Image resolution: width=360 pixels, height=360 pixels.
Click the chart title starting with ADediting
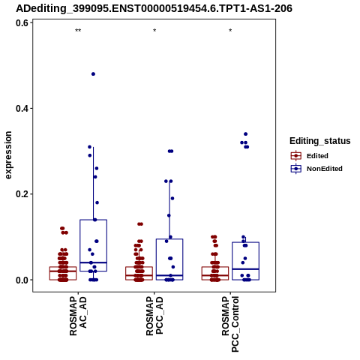pos(154,9)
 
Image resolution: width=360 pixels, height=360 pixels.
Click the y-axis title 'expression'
pos(8,155)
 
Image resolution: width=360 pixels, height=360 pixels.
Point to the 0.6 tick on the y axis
pos(22,23)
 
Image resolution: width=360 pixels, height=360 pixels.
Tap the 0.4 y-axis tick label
pos(22,109)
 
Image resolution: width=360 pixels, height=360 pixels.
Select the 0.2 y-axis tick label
pos(22,194)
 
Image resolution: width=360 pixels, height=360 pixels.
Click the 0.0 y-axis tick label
pos(22,280)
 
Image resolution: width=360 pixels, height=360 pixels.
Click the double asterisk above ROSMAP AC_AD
pos(78,31)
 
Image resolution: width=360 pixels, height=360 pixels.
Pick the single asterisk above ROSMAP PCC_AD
pos(154,31)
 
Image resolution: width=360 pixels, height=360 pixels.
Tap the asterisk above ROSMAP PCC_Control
pos(230,31)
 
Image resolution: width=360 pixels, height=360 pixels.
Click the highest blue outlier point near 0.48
pos(93,74)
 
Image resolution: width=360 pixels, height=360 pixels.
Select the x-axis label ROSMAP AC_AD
pos(78,316)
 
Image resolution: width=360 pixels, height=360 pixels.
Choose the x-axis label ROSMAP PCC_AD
pos(154,316)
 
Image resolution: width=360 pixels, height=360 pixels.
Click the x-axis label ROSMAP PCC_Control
pos(230,324)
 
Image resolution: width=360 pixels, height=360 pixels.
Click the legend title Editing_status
pos(319,141)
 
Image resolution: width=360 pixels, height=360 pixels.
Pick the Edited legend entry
pos(310,156)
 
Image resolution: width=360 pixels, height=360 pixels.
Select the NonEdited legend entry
pos(316,169)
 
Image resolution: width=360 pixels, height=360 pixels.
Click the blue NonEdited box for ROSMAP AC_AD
pos(94,245)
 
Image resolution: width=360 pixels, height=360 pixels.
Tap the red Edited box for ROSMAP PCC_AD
pos(139,273)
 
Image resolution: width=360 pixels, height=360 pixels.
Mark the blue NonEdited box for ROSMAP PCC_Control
pos(245,261)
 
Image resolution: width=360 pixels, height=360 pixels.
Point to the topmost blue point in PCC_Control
pos(245,134)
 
